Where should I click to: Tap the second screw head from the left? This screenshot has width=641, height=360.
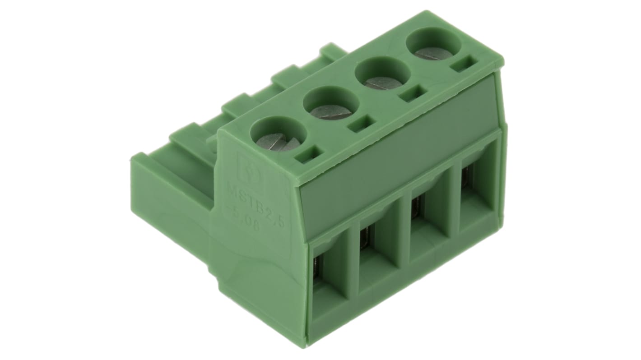click(x=331, y=110)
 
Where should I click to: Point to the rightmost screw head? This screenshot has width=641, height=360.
click(x=434, y=52)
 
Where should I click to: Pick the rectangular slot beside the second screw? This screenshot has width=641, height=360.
click(x=361, y=125)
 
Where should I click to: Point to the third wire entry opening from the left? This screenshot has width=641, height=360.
click(x=427, y=235)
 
